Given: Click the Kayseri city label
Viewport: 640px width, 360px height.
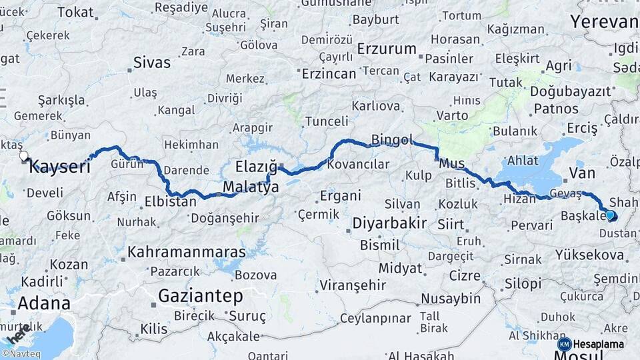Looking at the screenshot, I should pos(59,167).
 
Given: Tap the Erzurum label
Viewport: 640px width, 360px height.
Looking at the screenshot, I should pos(387,49).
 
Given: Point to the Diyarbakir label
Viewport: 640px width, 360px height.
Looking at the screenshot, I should pos(389,223).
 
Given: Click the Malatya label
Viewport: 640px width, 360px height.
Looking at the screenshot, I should pos(251,187).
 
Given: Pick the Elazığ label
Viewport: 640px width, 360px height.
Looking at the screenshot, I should pos(256,167).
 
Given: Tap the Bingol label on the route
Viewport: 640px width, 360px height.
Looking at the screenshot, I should pos(392,140).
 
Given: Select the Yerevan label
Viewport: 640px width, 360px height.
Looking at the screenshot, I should pos(604,21).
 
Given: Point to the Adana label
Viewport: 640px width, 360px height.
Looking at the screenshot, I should pos(43,303).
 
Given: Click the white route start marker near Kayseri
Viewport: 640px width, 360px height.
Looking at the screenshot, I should pos(24,156).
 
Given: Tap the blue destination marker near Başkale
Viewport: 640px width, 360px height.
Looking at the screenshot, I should pos(610,215).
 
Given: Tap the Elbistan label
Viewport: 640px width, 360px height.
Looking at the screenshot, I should pos(170,200).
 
